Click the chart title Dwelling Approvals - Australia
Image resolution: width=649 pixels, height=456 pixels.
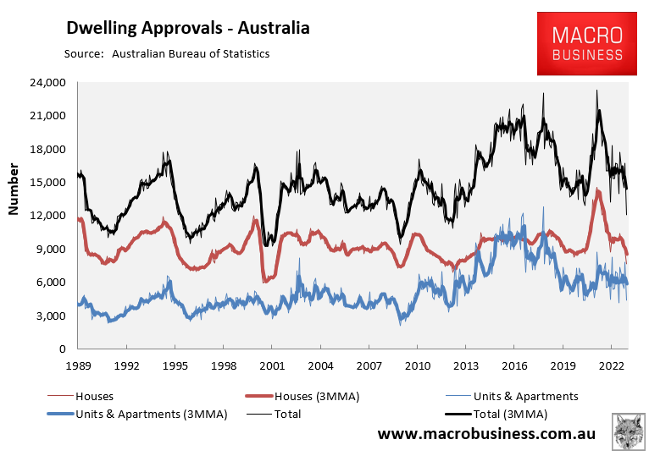(188, 28)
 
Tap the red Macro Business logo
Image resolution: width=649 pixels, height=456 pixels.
(587, 44)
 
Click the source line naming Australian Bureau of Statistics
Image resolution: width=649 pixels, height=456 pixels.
(166, 54)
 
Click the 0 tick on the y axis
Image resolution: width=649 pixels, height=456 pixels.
(62, 349)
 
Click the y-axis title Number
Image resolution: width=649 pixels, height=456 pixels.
(14, 189)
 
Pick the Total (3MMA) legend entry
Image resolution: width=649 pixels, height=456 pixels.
(508, 414)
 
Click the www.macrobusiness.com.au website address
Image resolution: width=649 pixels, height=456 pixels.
(485, 434)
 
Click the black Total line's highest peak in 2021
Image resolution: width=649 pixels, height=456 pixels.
(597, 91)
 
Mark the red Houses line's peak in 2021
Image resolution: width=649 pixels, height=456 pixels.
(598, 191)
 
